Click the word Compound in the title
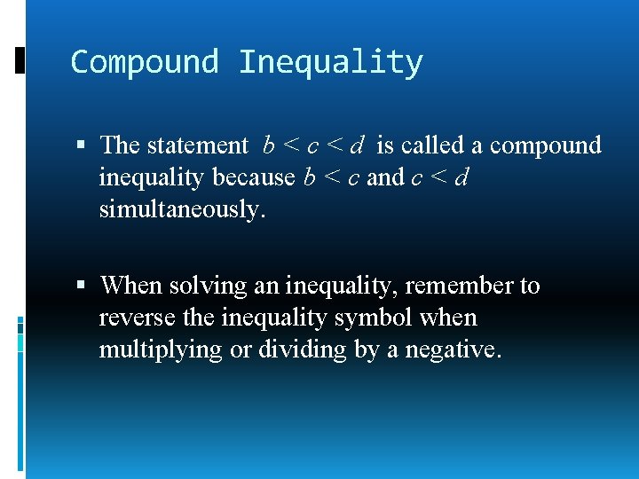(x=145, y=62)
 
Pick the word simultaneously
(x=182, y=209)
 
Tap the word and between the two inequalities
(x=384, y=177)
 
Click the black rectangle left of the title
(x=20, y=60)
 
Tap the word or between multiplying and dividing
(x=240, y=350)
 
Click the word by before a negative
(x=367, y=350)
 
